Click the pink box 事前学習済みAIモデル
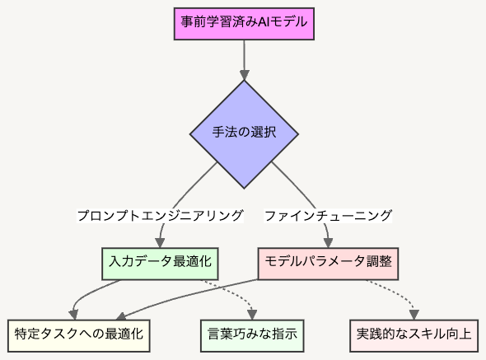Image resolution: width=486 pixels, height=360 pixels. pyautogui.click(x=244, y=24)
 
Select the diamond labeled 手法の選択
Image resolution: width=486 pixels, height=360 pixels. pyautogui.click(x=244, y=134)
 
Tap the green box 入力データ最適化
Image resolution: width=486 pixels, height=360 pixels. pyautogui.click(x=160, y=264)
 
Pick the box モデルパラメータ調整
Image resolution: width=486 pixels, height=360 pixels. pyautogui.click(x=328, y=264)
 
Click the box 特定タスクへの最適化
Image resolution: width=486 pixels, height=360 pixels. pyautogui.click(x=79, y=336)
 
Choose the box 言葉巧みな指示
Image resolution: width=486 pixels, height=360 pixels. pyautogui.click(x=252, y=336)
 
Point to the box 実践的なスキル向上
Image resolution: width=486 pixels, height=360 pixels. pyautogui.click(x=414, y=336)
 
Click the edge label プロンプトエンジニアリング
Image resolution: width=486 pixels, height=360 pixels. pyautogui.click(x=160, y=216)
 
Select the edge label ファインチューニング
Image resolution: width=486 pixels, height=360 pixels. pyautogui.click(x=328, y=216)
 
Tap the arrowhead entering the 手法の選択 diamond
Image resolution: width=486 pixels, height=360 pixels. pyautogui.click(x=245, y=75)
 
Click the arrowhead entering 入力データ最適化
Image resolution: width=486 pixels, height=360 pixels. pyautogui.click(x=160, y=243)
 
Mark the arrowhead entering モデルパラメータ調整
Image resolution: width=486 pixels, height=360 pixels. pyautogui.click(x=328, y=243)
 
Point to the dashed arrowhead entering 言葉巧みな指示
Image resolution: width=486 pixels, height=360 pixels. pyautogui.click(x=252, y=315)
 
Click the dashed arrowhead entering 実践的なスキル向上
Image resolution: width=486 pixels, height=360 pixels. pyautogui.click(x=414, y=315)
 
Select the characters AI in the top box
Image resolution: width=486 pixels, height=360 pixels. pyautogui.click(x=263, y=22)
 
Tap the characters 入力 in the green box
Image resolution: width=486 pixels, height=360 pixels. pyautogui.click(x=122, y=261)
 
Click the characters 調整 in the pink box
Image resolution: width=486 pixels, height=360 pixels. pyautogui.click(x=379, y=261)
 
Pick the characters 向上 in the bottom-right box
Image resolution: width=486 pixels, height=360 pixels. pyautogui.click(x=459, y=334)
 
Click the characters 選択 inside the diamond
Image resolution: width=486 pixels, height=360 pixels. pyautogui.click(x=263, y=132)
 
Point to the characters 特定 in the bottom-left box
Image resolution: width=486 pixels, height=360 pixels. pyautogui.click(x=27, y=334)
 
